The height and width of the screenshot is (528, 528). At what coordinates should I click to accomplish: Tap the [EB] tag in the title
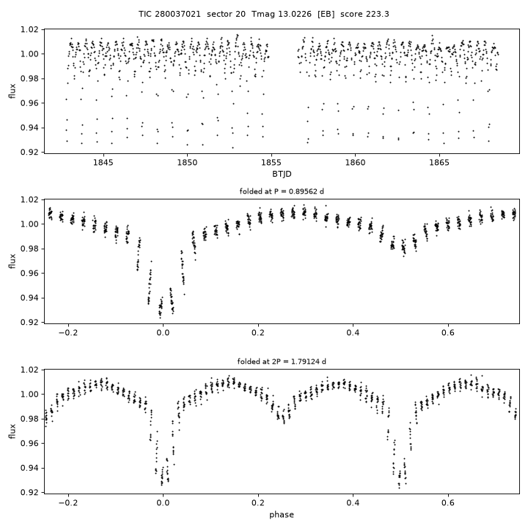tap(326, 14)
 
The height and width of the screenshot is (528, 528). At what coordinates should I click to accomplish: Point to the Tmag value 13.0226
tap(295, 14)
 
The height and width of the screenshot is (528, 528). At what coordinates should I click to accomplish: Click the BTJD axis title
tap(282, 174)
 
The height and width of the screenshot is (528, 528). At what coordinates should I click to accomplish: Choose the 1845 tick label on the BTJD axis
tap(103, 163)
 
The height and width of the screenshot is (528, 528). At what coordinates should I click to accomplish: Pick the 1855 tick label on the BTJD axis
tap(271, 163)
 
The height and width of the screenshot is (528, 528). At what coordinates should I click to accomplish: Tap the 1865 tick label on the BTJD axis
tap(439, 163)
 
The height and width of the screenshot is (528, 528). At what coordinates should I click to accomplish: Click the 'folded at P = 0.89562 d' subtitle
tap(282, 191)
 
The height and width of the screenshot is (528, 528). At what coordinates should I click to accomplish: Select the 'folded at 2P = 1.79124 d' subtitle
tap(282, 362)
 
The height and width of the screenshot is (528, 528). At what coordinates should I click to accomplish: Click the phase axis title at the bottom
tap(282, 515)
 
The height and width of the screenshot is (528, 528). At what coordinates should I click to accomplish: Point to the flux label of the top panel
tap(12, 91)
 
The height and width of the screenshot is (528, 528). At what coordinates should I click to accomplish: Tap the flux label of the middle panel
tap(12, 261)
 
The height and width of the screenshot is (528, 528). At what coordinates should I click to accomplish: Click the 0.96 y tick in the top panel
tap(30, 103)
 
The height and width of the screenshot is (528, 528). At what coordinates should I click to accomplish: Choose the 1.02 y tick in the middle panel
tap(30, 199)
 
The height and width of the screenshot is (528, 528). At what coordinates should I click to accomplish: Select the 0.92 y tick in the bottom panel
tap(30, 493)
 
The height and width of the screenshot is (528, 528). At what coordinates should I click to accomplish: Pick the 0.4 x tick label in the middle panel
tap(353, 333)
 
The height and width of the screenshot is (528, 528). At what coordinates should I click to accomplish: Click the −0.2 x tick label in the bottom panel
tap(68, 503)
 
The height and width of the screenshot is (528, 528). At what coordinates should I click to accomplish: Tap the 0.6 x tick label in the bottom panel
tap(448, 503)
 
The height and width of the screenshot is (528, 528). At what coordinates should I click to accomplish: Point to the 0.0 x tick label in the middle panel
tap(163, 333)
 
